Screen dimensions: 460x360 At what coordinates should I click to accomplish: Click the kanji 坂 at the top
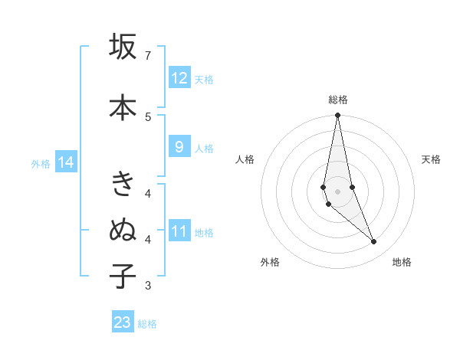123,47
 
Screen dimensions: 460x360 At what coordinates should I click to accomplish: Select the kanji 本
123,107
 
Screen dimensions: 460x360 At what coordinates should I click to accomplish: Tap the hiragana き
123,184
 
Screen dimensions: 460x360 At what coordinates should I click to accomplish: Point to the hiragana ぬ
123,230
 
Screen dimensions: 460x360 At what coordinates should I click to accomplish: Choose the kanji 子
123,276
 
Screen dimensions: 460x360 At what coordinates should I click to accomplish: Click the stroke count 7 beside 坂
148,56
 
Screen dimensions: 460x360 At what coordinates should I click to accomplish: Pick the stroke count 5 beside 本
148,116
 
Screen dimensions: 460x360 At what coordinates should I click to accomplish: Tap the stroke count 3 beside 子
148,286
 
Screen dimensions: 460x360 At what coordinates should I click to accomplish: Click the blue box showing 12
179,78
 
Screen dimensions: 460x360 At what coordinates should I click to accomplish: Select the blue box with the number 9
179,147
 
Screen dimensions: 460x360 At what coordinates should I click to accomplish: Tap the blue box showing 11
179,231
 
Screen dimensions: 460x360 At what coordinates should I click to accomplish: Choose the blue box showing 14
65,162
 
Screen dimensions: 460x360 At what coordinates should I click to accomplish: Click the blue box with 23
123,322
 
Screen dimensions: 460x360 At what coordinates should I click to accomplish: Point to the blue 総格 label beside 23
147,324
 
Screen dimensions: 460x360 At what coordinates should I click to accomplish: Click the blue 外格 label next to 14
40,163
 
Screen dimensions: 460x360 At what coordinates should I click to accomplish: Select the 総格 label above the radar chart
337,100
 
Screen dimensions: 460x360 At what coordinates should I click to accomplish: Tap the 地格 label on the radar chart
402,263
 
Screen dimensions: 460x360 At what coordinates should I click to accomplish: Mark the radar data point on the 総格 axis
337,116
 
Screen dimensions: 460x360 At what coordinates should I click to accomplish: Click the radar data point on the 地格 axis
374,242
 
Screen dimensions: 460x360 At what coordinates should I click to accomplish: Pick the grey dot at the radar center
337,191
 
